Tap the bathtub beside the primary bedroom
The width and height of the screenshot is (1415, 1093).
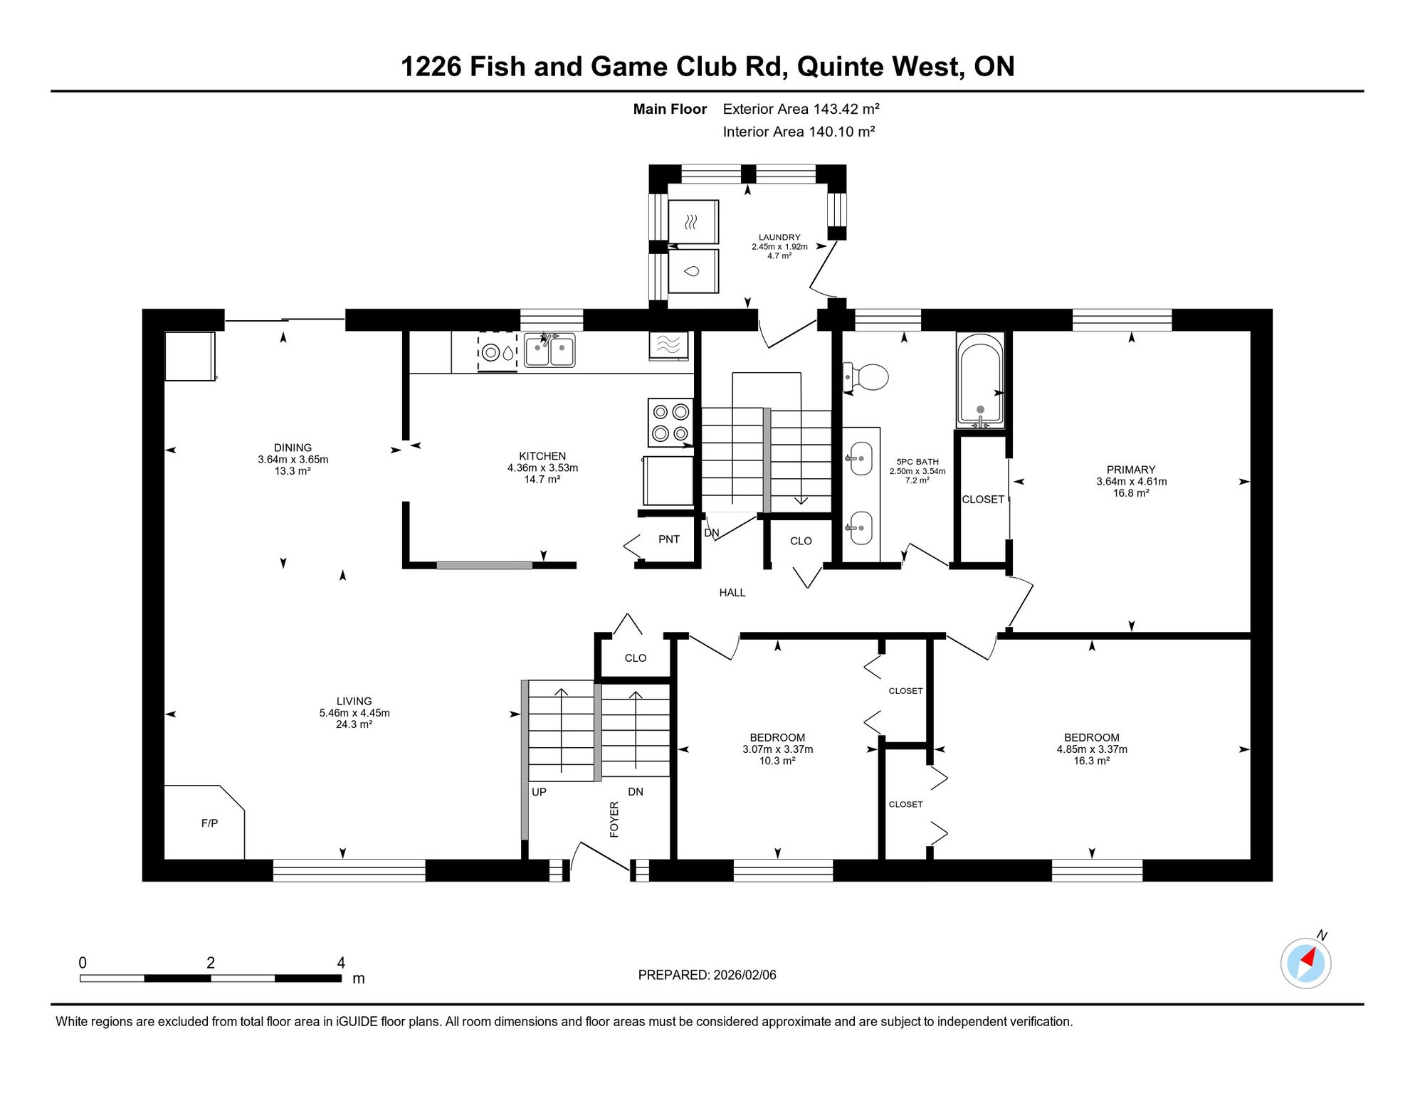click(x=980, y=381)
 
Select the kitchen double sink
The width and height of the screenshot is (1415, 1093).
click(x=549, y=350)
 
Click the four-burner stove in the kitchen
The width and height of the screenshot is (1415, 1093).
click(x=670, y=422)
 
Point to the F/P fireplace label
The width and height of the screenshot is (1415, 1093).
click(x=209, y=823)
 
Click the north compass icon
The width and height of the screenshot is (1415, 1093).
click(x=1306, y=963)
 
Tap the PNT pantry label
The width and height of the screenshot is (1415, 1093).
click(x=669, y=539)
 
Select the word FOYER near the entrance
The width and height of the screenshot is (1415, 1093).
click(x=614, y=819)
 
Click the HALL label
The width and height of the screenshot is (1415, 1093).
click(x=732, y=593)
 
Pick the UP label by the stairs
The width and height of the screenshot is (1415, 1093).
click(x=540, y=792)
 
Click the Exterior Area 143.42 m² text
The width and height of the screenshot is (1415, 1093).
click(x=801, y=109)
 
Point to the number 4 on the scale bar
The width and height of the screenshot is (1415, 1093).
click(x=341, y=963)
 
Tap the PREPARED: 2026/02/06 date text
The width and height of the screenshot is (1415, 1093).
click(x=707, y=975)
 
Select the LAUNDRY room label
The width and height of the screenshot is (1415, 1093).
click(x=779, y=238)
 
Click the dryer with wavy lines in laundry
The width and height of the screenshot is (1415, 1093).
click(x=693, y=222)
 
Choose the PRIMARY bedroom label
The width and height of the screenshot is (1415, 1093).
click(x=1131, y=470)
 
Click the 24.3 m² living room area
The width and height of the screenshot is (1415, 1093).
click(x=354, y=725)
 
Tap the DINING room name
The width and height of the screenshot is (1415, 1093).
click(x=293, y=448)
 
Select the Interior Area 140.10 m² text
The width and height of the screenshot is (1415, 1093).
click(x=799, y=132)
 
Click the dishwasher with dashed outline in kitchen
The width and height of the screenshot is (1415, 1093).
click(x=497, y=352)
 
